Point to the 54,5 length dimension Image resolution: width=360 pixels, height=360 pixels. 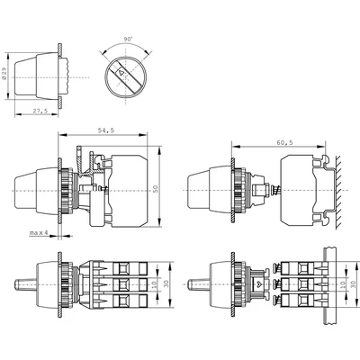click(104, 130)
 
